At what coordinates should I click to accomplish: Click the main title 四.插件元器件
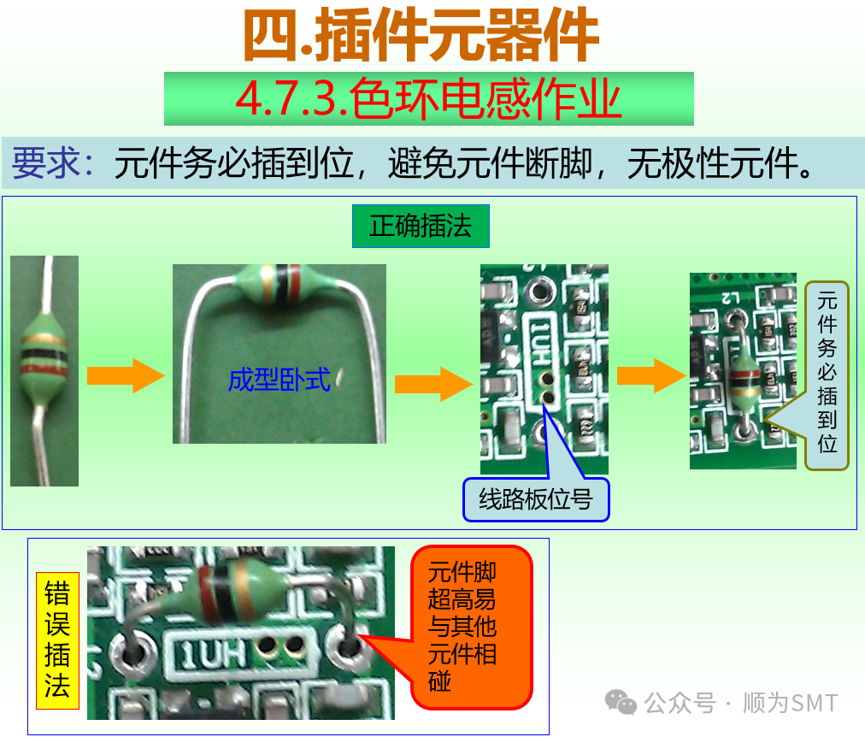[x=421, y=36]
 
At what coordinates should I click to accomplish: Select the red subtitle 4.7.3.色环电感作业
[x=428, y=99]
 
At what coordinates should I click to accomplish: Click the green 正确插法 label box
[x=421, y=227]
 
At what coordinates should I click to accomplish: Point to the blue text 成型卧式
[x=279, y=379]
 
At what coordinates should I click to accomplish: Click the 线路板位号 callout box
[x=536, y=499]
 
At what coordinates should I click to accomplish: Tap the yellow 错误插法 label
[x=56, y=640]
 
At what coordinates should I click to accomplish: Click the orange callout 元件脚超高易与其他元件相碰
[x=471, y=628]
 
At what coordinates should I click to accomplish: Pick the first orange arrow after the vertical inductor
[x=125, y=376]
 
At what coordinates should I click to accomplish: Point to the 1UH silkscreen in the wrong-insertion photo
[x=210, y=654]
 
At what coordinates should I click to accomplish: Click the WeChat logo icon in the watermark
[x=621, y=703]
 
